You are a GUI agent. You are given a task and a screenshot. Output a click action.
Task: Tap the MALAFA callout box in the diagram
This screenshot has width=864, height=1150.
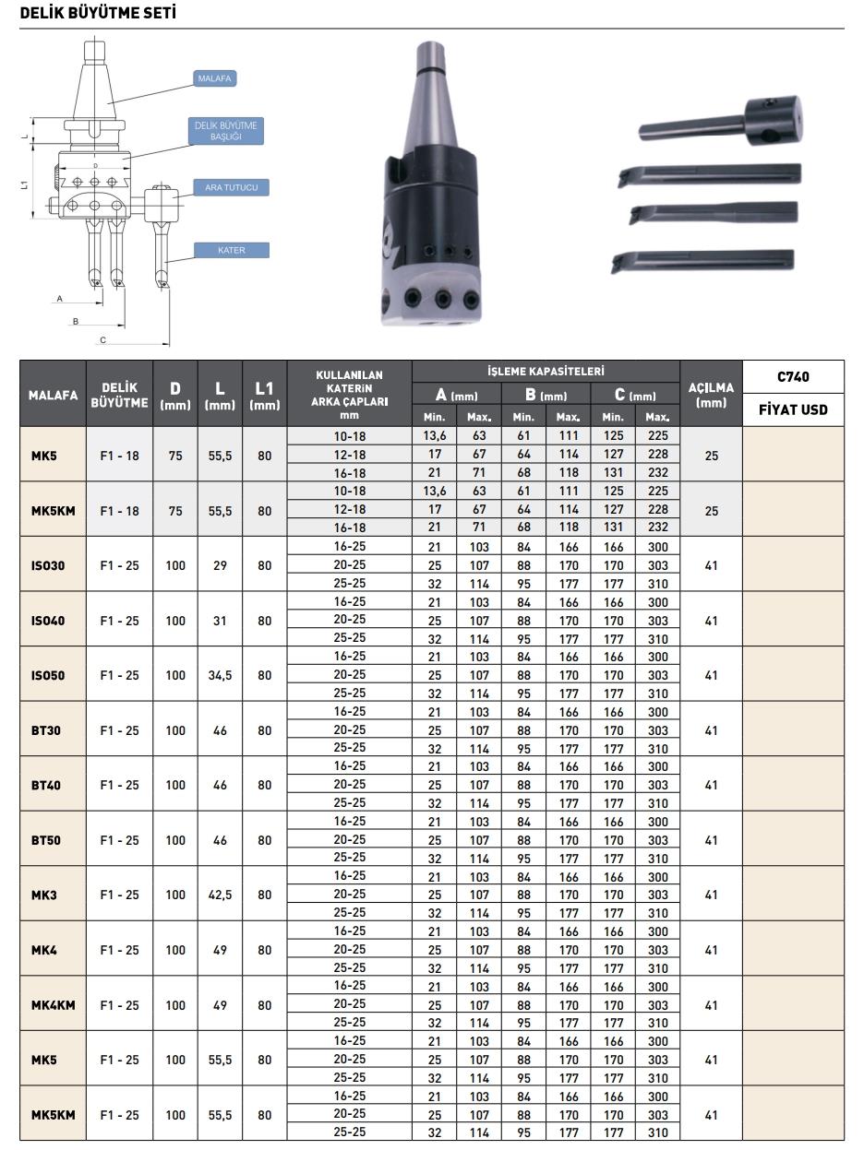click(214, 79)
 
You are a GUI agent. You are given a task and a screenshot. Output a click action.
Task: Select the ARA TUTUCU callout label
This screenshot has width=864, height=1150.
click(231, 188)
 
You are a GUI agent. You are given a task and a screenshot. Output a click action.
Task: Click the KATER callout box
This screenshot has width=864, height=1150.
click(231, 250)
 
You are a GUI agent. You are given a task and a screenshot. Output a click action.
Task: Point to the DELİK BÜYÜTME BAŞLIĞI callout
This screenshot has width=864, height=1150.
click(225, 130)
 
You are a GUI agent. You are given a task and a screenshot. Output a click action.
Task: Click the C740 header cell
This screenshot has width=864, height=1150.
click(792, 376)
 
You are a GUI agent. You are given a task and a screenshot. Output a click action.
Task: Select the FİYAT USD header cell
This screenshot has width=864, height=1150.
click(792, 409)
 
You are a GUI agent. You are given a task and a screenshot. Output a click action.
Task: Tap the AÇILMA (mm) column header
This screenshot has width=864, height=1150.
click(711, 394)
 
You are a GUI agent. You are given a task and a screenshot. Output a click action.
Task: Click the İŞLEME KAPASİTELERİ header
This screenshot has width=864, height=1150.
click(546, 371)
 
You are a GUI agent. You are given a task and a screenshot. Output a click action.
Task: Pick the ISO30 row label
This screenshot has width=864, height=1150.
click(48, 565)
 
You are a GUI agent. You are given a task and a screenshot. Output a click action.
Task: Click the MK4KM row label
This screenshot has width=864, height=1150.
click(53, 1005)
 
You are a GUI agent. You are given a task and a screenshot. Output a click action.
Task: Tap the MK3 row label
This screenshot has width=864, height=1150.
click(43, 895)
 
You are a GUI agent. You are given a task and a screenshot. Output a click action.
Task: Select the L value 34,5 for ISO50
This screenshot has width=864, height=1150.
click(220, 676)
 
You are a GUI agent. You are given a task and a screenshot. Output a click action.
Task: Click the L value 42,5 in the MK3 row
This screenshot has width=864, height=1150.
click(220, 895)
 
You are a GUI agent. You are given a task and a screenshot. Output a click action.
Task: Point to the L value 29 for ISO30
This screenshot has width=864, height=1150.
click(220, 565)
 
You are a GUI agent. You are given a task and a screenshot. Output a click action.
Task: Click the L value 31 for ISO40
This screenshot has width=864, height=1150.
click(220, 621)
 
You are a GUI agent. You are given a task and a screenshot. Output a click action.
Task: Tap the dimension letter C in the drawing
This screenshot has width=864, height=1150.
click(103, 340)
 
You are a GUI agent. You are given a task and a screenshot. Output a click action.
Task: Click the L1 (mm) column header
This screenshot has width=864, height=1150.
click(265, 395)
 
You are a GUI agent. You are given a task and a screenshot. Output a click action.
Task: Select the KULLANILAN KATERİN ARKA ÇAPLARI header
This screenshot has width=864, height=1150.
click(349, 395)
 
